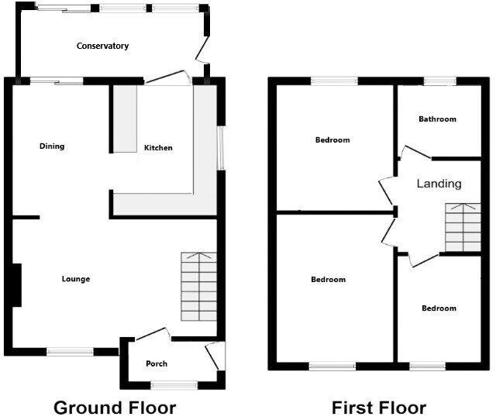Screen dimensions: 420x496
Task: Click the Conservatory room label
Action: click(102, 46)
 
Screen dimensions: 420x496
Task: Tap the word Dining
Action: click(52, 146)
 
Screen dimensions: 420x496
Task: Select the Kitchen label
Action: click(158, 148)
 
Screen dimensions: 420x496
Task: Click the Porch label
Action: click(157, 363)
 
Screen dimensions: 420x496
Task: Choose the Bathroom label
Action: click(437, 119)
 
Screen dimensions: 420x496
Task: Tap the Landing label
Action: click(439, 184)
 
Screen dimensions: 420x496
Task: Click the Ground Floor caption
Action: click(114, 408)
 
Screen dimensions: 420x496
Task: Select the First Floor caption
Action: click(379, 408)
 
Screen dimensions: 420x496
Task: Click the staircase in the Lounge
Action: click(198, 287)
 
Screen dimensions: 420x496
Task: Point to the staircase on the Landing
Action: click(463, 227)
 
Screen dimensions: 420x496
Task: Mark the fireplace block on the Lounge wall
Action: click(15, 285)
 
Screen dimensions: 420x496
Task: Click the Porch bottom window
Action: click(172, 384)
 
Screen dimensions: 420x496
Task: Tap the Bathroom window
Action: click(439, 80)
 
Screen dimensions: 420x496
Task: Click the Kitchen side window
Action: click(219, 147)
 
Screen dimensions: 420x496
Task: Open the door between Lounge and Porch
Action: click(153, 335)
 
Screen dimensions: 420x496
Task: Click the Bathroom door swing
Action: click(409, 153)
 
